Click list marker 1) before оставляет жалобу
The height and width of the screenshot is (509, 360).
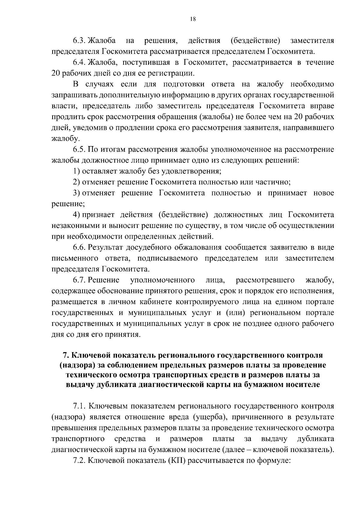click(76, 171)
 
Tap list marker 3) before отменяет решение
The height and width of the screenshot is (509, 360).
click(76, 193)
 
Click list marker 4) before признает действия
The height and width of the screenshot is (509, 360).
click(76, 215)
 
